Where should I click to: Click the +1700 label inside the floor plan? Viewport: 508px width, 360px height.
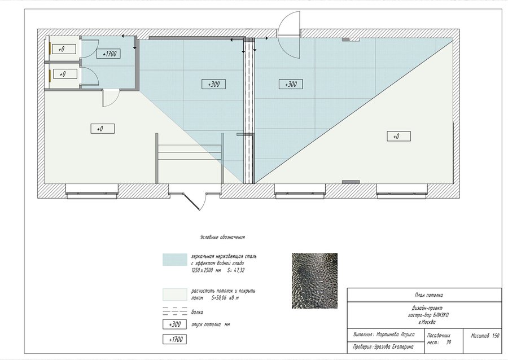point(108,54)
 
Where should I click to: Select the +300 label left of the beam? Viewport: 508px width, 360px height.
point(213,84)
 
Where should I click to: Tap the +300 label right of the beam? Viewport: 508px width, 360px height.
point(291,84)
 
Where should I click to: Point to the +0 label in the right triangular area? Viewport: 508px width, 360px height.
point(399,137)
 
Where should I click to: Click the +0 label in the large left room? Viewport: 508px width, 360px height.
point(102,129)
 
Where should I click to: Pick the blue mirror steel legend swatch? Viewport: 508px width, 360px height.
point(174,260)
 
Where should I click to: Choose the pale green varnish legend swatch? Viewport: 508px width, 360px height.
point(174,295)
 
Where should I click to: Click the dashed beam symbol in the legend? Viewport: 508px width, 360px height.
point(174,311)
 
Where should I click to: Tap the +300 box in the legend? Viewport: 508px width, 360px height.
point(174,324)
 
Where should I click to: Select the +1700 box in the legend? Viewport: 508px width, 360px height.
point(174,339)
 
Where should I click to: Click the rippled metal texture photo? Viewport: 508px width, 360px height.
point(314,280)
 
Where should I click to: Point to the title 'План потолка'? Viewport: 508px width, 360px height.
point(428,295)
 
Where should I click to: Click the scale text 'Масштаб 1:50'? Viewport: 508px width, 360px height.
point(485,336)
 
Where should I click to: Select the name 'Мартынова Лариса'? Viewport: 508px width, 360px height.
point(395,335)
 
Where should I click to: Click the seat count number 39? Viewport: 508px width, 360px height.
point(448,342)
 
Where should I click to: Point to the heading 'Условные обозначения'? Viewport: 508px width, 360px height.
point(222,237)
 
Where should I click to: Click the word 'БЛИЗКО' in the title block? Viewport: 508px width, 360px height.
point(441,315)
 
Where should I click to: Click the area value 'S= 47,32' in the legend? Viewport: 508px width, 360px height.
point(235,270)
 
